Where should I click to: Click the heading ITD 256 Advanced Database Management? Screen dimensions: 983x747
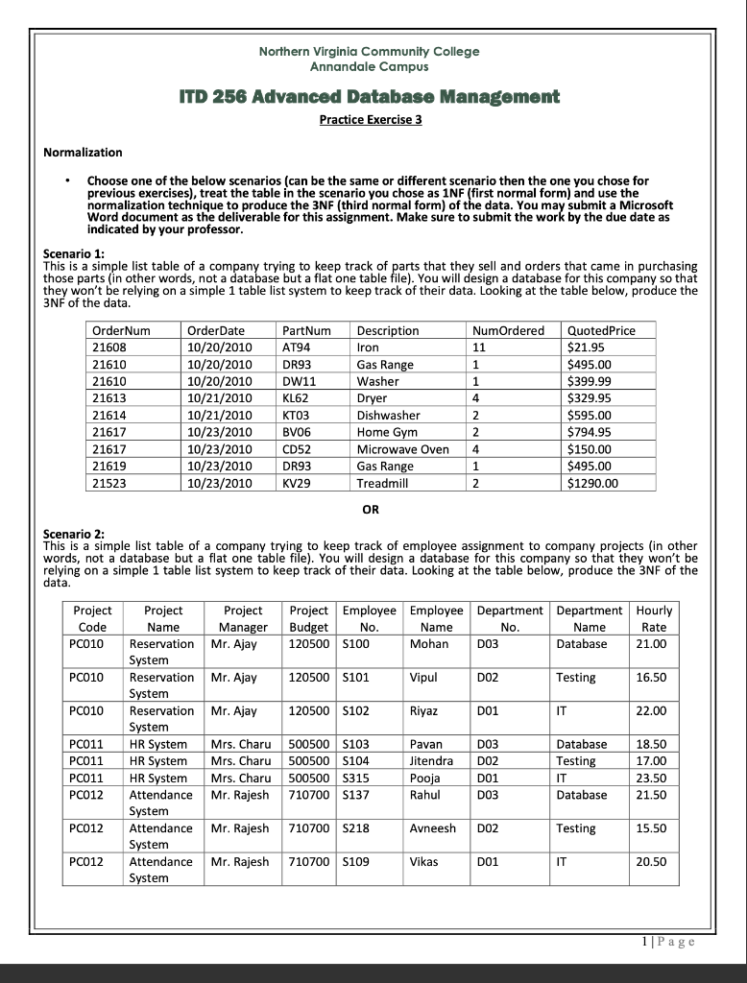point(369,97)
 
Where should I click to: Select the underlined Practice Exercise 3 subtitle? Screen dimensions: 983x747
point(370,120)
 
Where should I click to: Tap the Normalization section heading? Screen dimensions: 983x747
point(84,152)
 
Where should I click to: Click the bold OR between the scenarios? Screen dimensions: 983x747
point(369,509)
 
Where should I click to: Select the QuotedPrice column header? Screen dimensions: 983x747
point(602,330)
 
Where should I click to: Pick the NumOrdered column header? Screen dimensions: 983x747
point(509,330)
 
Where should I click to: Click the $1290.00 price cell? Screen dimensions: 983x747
point(594,483)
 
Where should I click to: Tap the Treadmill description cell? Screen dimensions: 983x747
point(382,483)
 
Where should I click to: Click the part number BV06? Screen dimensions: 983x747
point(297,432)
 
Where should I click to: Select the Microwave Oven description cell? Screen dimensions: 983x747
point(402,449)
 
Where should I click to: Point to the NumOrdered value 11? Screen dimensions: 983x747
point(480,347)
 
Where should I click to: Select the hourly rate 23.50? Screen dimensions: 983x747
point(650,779)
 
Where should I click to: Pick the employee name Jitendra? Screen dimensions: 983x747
point(432,761)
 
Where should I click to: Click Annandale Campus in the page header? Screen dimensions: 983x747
point(369,67)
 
